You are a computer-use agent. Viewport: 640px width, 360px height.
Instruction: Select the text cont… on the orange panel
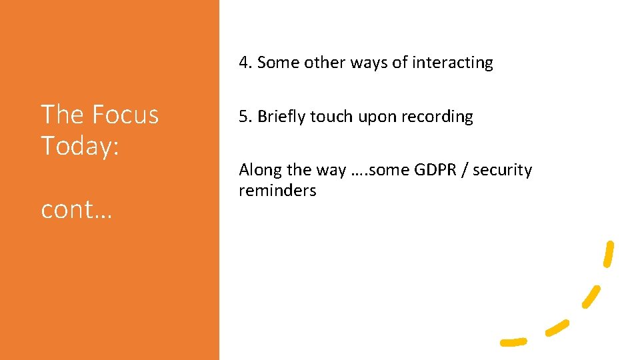coord(77,209)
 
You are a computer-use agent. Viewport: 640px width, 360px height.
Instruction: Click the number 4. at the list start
coord(246,63)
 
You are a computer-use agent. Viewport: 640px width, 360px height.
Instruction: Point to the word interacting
coord(453,63)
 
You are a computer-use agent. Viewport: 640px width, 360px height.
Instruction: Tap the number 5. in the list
coord(246,117)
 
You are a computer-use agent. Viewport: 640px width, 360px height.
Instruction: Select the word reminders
coord(277,191)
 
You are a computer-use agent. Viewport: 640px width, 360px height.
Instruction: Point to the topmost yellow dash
coord(607,253)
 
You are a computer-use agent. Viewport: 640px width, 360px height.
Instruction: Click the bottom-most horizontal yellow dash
coord(513,342)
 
